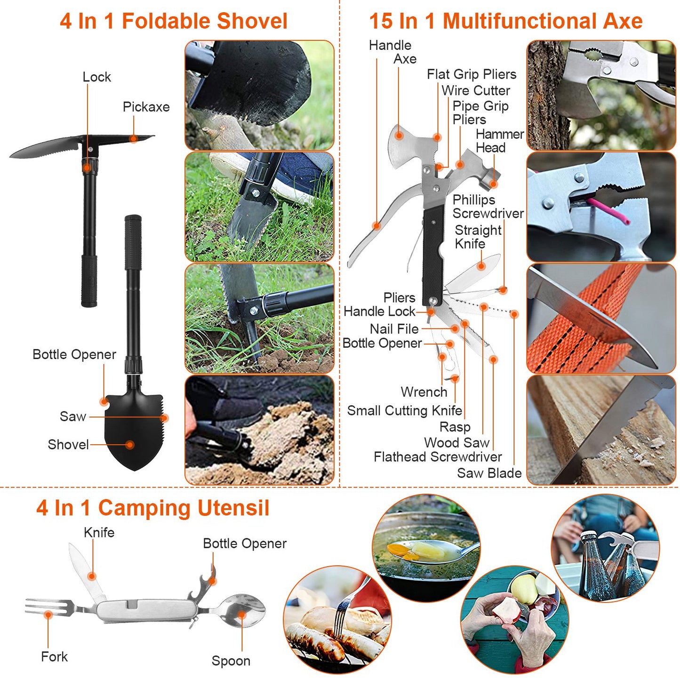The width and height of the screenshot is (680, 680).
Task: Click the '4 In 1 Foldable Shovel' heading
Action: (173, 21)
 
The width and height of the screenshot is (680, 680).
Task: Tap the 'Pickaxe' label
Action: (146, 107)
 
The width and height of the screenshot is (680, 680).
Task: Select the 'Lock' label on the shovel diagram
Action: (96, 77)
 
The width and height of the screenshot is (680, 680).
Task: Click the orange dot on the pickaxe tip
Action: (134, 139)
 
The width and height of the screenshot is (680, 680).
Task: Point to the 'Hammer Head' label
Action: (499, 141)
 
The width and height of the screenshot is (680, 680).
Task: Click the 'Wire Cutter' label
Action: (475, 90)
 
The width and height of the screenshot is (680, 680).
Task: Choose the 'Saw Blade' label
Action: (489, 473)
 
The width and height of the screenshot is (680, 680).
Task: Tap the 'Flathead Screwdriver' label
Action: (437, 456)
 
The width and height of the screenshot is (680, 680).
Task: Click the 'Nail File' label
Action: (394, 329)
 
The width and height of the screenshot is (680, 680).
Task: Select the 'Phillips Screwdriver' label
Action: (488, 207)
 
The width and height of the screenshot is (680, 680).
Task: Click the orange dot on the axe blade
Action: (399, 136)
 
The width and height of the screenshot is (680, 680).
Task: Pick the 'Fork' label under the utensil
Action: (54, 656)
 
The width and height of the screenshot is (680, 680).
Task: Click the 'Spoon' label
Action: (231, 661)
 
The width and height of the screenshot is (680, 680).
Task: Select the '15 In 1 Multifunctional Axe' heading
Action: (505, 21)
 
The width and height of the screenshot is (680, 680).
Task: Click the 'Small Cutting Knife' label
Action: (404, 410)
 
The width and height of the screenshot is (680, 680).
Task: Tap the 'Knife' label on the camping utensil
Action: (99, 532)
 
